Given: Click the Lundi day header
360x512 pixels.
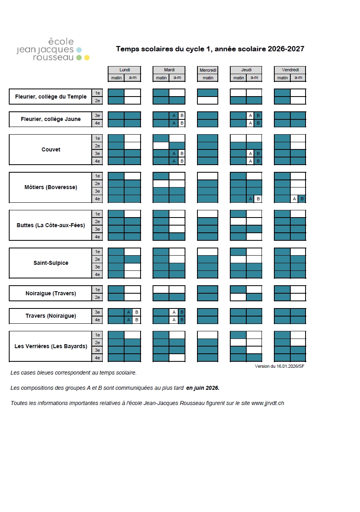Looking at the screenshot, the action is click(124, 70).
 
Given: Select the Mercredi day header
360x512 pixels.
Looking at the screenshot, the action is click(208, 70).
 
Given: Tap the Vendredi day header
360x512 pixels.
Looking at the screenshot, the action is click(290, 70).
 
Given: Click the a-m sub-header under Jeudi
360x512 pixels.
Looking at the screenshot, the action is click(254, 78).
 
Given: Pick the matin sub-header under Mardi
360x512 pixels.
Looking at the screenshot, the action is click(161, 78).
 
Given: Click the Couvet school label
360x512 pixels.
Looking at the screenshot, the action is click(50, 149).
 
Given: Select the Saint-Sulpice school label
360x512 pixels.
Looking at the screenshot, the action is click(50, 263).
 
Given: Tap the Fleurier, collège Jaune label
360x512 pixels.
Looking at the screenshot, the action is click(50, 119).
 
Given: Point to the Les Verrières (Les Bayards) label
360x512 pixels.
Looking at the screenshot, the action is click(50, 346).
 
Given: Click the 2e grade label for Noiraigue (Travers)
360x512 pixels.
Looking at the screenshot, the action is click(97, 297).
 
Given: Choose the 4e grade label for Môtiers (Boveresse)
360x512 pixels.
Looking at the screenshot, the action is click(97, 199).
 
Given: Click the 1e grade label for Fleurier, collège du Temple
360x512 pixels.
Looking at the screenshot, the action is click(97, 93).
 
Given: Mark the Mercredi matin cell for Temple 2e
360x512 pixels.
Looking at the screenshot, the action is click(208, 100).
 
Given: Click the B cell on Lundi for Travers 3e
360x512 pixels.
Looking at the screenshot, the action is click(137, 312).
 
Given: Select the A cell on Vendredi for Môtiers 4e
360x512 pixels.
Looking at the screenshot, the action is click(294, 199).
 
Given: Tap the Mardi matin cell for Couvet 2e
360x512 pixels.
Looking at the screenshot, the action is click(161, 145).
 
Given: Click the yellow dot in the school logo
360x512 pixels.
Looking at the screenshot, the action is click(87, 58).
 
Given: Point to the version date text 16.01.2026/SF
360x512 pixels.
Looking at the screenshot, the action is click(290, 366).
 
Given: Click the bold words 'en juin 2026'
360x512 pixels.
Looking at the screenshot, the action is click(203, 388).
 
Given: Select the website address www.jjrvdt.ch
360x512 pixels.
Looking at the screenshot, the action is click(267, 403).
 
